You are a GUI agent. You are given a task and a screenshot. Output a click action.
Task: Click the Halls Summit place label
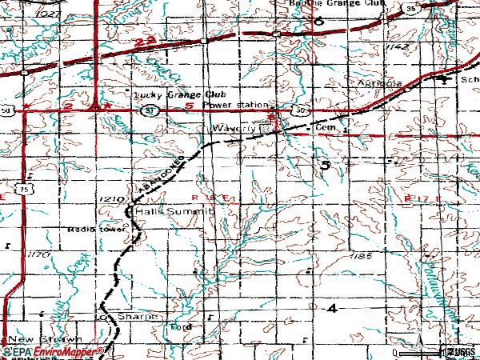pos(174,212)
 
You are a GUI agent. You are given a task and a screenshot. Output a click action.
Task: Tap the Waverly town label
pos(233,128)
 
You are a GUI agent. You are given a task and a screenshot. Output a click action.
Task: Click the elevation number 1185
pos(362,255)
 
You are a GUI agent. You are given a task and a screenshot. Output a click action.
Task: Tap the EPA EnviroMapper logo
pos(54,351)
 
